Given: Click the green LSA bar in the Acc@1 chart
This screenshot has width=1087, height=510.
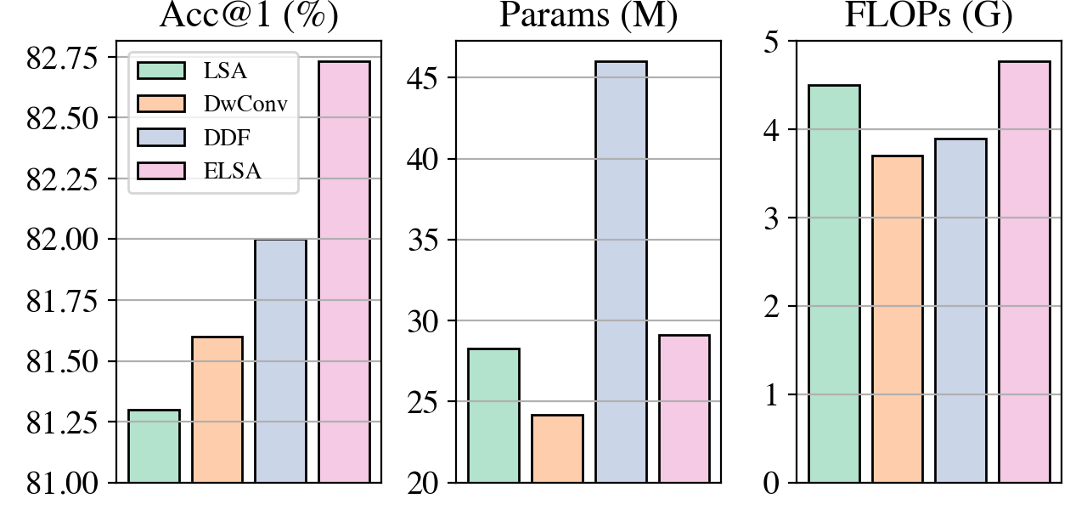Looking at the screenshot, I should [x=154, y=446].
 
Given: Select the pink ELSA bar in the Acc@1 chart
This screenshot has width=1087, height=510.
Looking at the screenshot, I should [x=344, y=272].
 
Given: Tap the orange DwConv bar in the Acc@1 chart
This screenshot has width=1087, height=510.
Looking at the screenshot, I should [x=217, y=410].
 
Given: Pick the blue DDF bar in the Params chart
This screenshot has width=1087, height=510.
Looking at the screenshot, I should [x=621, y=272].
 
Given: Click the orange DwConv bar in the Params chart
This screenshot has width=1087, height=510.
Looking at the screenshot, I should [x=557, y=449].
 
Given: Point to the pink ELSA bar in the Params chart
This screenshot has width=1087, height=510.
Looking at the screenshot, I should [x=684, y=409].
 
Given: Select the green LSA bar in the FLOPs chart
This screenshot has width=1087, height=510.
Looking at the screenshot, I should [x=834, y=284].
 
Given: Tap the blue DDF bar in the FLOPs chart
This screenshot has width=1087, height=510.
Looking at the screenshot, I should [x=960, y=310].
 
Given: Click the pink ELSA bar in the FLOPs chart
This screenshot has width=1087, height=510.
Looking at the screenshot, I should [x=1024, y=272].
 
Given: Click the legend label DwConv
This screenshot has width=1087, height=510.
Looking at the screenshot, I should [x=245, y=105].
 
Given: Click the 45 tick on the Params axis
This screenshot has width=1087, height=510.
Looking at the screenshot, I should [x=427, y=78].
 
